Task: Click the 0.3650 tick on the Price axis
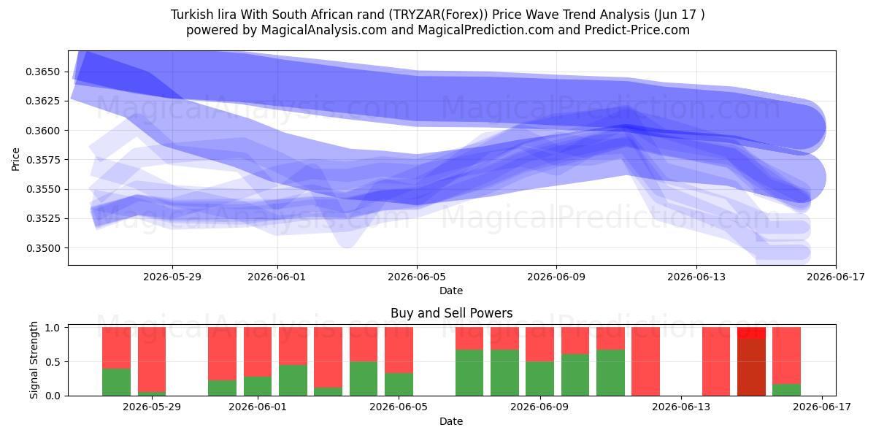(x=42, y=72)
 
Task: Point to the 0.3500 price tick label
(x=42, y=248)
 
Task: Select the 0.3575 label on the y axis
(x=42, y=160)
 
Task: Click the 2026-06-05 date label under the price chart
(x=417, y=277)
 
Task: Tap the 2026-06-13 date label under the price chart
(x=696, y=277)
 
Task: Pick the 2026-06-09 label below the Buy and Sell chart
(x=539, y=407)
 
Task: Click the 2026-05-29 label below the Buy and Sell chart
(x=152, y=407)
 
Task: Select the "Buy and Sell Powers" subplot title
(x=451, y=313)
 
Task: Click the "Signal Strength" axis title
(x=34, y=360)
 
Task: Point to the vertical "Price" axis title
(x=15, y=159)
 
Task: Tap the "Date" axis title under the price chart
(x=451, y=291)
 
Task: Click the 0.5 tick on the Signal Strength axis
(x=53, y=362)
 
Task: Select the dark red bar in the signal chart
(x=751, y=366)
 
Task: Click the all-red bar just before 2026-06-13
(x=645, y=361)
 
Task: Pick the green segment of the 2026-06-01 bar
(x=257, y=386)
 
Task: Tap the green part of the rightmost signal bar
(x=786, y=390)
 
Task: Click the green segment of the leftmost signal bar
(x=116, y=382)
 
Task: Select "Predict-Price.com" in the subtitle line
(x=637, y=30)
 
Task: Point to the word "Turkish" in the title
(x=190, y=15)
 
